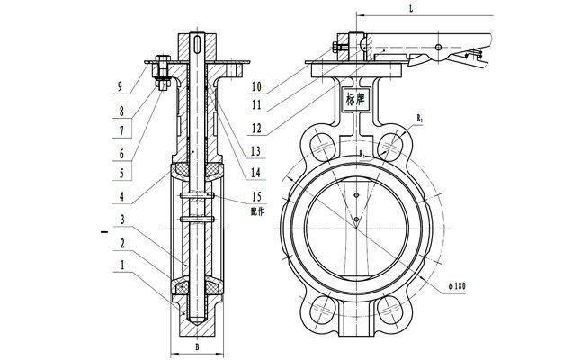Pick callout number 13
click(258, 150)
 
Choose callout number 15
click(257, 196)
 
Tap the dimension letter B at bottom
click(197, 344)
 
